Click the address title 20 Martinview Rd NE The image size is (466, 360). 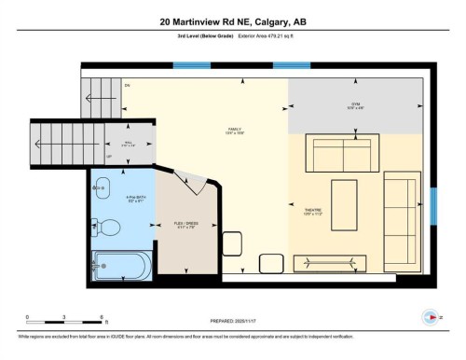pos(232,21)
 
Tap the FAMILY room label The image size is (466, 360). pos(235,130)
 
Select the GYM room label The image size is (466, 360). pos(355,105)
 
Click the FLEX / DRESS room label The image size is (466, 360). pos(185,224)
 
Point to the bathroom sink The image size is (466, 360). pos(102,189)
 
